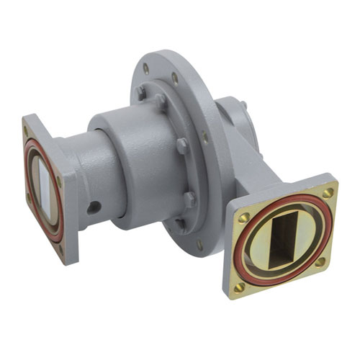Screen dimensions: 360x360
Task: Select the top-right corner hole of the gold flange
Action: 328,193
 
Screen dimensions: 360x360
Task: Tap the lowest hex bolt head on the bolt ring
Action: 189,199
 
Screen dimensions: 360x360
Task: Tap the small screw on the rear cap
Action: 244,106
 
